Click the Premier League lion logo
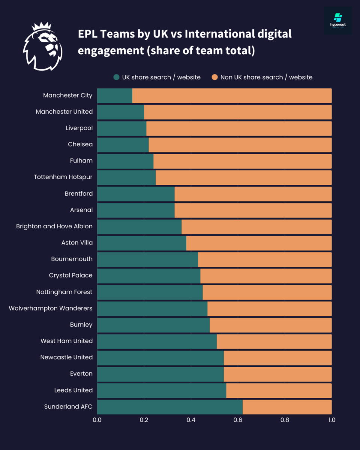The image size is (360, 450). (x=42, y=47)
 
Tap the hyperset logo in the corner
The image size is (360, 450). (x=338, y=21)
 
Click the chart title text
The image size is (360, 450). (x=184, y=42)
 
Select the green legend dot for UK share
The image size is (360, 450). (x=116, y=77)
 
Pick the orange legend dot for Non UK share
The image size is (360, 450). (x=214, y=77)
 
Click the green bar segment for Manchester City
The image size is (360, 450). (x=114, y=96)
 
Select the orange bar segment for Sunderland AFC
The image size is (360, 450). (x=287, y=407)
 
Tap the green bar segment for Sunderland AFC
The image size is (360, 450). (x=169, y=407)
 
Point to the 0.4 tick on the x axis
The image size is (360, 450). (x=191, y=420)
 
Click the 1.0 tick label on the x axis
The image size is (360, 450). (x=331, y=420)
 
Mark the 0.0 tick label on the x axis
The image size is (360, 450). (x=97, y=420)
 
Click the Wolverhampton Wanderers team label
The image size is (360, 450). (x=51, y=308)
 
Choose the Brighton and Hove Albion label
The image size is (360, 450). (x=54, y=226)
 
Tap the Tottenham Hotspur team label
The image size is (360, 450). (x=63, y=177)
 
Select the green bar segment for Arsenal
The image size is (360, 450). (x=136, y=210)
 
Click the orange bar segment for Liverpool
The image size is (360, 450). (x=239, y=128)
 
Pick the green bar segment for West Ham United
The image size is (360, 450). (x=157, y=341)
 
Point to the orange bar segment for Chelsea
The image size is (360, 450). (x=240, y=145)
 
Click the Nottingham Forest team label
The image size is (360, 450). (x=64, y=292)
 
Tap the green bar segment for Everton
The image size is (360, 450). (x=160, y=374)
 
